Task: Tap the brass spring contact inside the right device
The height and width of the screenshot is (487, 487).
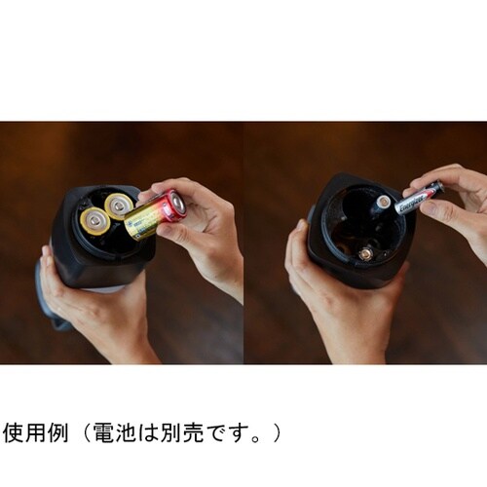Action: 366,253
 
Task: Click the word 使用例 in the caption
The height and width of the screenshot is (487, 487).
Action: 34,430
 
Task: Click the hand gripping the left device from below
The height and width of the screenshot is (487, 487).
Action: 93,312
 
